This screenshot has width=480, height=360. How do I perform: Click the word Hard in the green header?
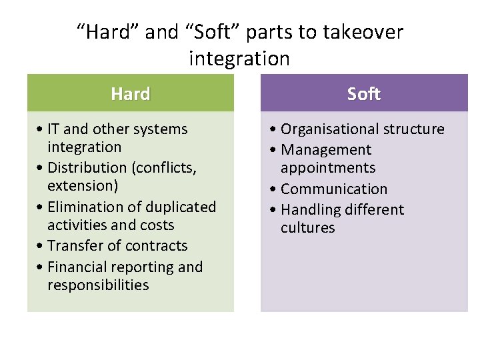(x=131, y=94)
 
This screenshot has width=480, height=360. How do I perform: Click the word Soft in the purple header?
(x=363, y=94)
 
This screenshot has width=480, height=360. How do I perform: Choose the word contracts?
(x=159, y=246)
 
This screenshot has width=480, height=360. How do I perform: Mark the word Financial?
(x=80, y=267)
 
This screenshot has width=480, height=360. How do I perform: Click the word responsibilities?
(x=98, y=285)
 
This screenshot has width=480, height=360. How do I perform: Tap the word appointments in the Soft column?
(x=328, y=168)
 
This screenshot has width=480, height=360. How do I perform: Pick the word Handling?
(x=309, y=210)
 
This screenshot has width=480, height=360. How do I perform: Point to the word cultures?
(x=308, y=228)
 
